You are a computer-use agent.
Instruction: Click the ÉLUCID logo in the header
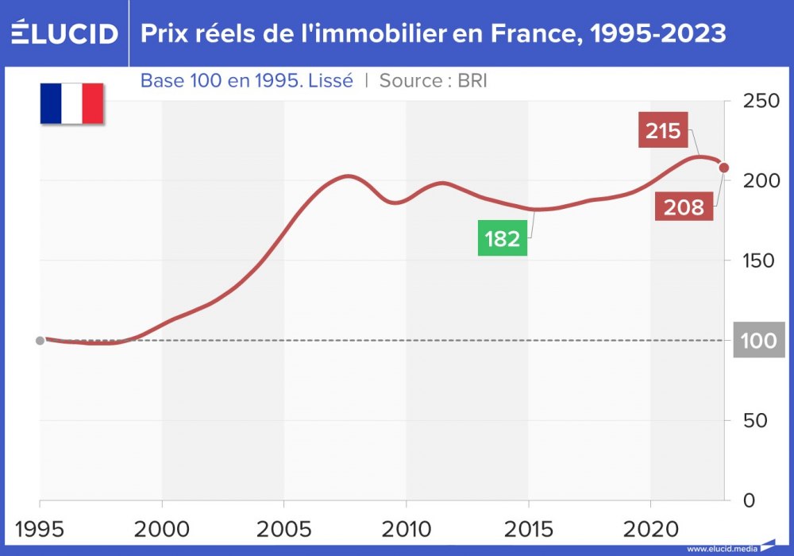pos(64,33)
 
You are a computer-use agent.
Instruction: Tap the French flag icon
pos(72,103)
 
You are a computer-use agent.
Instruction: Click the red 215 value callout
pos(663,130)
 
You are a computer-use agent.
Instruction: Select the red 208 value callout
pos(684,207)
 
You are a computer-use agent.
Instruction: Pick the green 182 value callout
pos(502,238)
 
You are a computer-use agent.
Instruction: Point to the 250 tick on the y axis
pos(757,101)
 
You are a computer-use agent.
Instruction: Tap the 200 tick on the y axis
pos(757,180)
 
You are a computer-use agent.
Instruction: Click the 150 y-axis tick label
pos(757,261)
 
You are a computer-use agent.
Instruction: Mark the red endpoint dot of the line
pos(723,167)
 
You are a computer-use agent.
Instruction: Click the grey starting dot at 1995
pos(40,341)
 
